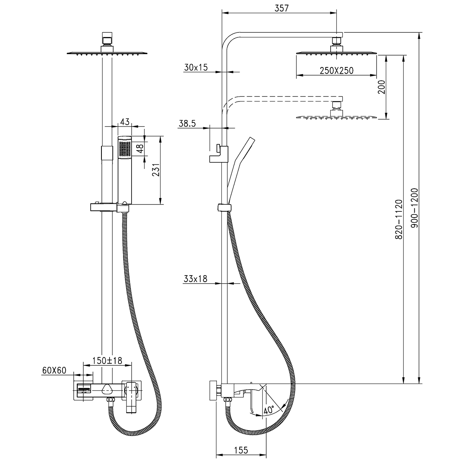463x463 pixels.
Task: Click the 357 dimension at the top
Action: coord(282,8)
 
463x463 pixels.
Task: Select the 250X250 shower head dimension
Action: coord(336,71)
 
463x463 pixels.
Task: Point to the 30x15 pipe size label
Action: coord(196,68)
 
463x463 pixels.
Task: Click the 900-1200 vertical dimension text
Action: coord(414,208)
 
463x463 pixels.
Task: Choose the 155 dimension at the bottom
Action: coord(240,450)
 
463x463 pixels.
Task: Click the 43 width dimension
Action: coord(125,122)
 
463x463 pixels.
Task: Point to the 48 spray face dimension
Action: coord(141,148)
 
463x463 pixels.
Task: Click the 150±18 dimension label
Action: coord(107,361)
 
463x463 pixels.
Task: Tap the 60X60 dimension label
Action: coord(54,371)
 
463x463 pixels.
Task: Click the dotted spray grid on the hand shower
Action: coord(125,149)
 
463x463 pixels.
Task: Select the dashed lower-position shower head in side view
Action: coord(336,116)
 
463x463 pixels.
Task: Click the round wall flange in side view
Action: coord(213,391)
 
